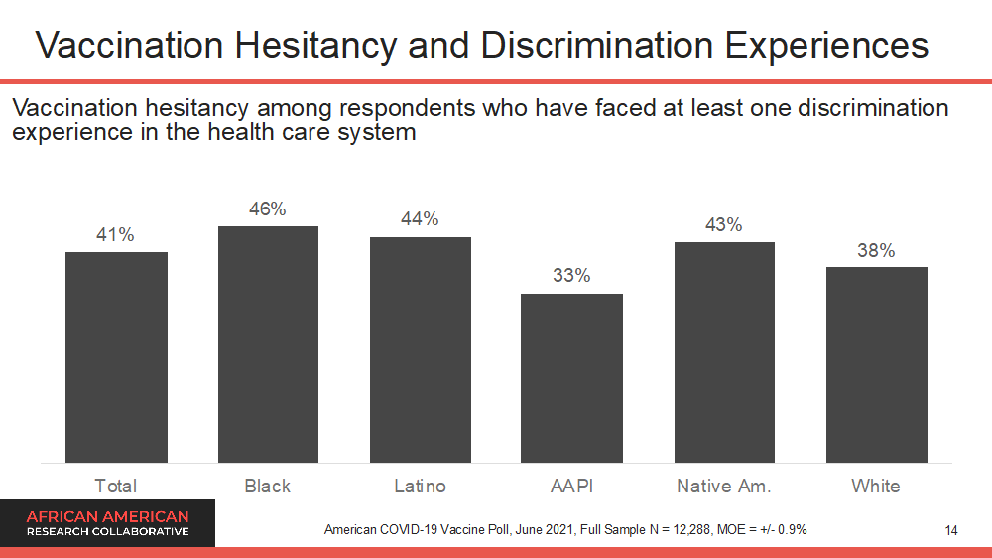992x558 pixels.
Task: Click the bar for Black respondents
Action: (268, 345)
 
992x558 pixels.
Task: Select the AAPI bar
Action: (571, 378)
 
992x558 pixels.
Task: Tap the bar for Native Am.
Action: (724, 352)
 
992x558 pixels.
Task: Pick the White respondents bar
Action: (876, 364)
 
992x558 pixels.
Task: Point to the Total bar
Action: (116, 357)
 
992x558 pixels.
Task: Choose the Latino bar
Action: (420, 349)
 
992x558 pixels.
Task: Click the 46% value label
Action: (268, 209)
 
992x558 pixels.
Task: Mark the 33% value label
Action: (571, 276)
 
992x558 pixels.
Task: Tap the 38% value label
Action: (876, 251)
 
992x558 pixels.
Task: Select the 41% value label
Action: (115, 235)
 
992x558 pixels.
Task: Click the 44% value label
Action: (420, 219)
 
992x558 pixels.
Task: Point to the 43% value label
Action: (724, 225)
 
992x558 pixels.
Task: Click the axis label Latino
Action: (420, 486)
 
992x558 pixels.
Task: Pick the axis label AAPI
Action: (571, 486)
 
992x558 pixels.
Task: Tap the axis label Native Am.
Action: (724, 486)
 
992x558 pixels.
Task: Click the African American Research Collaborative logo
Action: (107, 523)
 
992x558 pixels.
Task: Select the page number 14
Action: (951, 531)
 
